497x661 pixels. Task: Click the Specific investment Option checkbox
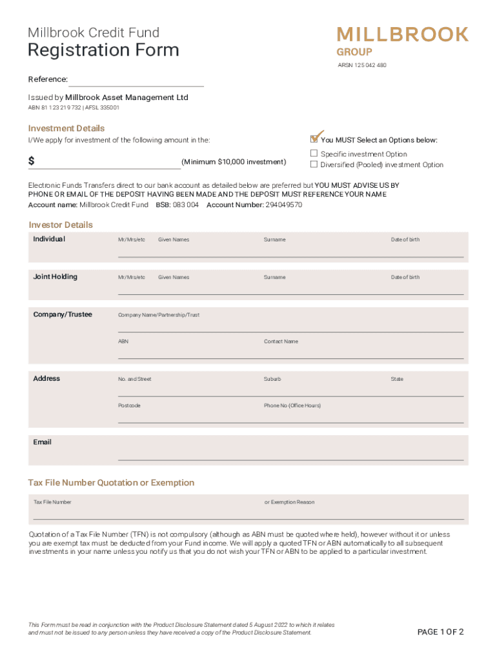[314, 154]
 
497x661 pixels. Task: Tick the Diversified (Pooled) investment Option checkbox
[314, 164]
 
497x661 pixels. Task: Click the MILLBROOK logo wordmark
[403, 35]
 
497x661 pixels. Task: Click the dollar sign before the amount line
[32, 161]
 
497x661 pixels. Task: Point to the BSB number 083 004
[185, 205]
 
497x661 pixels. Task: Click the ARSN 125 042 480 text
[362, 65]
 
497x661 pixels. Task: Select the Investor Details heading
[61, 225]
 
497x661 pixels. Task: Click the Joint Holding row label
[55, 277]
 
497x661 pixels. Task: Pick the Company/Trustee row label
[63, 314]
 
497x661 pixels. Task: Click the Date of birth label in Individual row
[405, 239]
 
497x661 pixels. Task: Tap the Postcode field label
[129, 405]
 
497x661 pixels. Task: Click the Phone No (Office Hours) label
[292, 405]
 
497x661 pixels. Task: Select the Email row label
[43, 442]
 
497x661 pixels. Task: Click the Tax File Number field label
[52, 502]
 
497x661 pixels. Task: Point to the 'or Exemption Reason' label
[289, 502]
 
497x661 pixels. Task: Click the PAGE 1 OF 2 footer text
[441, 632]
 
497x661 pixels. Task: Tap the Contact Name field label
[281, 341]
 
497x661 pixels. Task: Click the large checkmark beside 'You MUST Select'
[316, 136]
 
